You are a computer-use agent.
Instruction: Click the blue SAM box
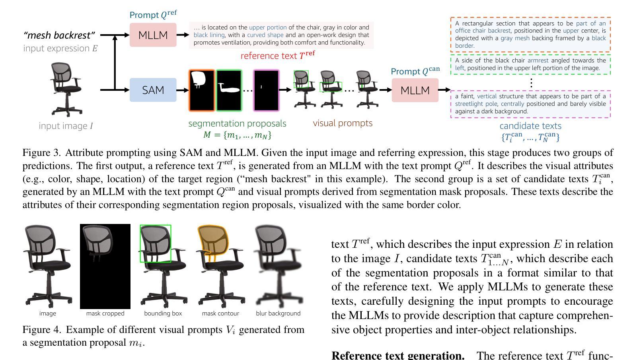(153, 90)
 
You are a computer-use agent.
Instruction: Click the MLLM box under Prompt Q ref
(153, 35)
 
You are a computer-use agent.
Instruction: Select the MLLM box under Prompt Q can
(415, 90)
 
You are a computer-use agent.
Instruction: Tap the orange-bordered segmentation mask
(202, 90)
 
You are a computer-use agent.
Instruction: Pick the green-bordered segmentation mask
(229, 90)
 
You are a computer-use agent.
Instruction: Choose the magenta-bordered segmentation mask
(266, 90)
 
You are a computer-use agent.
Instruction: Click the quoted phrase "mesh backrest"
(59, 35)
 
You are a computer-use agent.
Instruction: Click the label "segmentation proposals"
(237, 123)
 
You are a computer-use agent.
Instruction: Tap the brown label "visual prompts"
(343, 123)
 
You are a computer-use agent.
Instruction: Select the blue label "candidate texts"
(530, 126)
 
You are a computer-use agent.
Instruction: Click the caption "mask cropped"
(105, 313)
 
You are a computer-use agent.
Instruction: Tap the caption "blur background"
(278, 313)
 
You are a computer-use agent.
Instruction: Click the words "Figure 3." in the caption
(41, 153)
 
